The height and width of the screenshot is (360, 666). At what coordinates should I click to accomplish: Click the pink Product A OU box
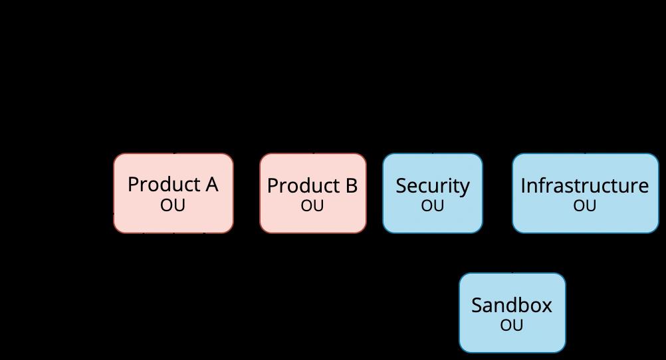click(x=173, y=193)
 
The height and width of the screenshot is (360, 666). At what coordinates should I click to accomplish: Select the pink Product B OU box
click(x=313, y=193)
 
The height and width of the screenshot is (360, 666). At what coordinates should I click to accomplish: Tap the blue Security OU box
click(x=433, y=193)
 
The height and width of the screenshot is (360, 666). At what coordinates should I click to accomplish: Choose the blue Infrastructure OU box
click(x=586, y=193)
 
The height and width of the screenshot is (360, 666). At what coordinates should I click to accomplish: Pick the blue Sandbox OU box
click(x=512, y=313)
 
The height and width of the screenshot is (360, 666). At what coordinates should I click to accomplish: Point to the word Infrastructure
click(x=585, y=185)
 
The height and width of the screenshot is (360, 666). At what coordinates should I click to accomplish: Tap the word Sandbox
click(x=512, y=306)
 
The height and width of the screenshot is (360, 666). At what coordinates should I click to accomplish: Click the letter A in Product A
click(x=211, y=185)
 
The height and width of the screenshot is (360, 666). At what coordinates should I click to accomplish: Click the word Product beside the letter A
click(x=164, y=184)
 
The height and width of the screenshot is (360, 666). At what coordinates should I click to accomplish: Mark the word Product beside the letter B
click(x=304, y=185)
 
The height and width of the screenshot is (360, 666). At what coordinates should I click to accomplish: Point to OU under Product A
click(x=173, y=205)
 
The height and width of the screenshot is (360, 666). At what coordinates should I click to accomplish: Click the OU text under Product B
click(x=312, y=206)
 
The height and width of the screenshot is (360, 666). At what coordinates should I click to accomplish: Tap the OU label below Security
click(x=433, y=206)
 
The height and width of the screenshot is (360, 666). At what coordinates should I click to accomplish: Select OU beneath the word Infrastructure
click(x=585, y=206)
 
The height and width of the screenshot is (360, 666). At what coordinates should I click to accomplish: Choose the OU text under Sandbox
click(x=511, y=325)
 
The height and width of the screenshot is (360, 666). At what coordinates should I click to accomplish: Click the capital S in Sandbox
click(x=477, y=306)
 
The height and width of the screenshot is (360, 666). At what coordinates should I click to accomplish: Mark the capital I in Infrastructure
click(x=523, y=186)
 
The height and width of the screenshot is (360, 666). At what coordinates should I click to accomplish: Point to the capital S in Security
click(x=401, y=186)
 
